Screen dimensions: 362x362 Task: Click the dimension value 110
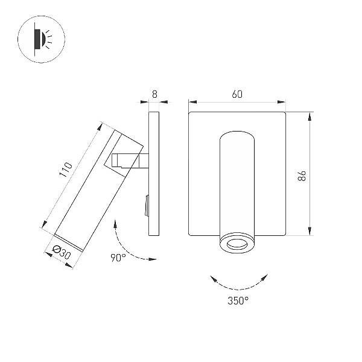coord(66,170)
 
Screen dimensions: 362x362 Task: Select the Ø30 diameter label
coord(62,252)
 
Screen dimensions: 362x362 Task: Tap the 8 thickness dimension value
coord(154,94)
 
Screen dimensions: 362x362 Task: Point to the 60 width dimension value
coord(237,94)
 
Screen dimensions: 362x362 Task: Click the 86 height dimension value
coord(302,176)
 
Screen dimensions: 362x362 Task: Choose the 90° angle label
coord(118,258)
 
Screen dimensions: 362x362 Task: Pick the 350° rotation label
coord(238,300)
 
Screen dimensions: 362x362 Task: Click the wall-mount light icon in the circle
coord(41,39)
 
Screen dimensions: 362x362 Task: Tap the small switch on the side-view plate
coord(147,206)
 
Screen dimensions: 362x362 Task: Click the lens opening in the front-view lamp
coord(237,244)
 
